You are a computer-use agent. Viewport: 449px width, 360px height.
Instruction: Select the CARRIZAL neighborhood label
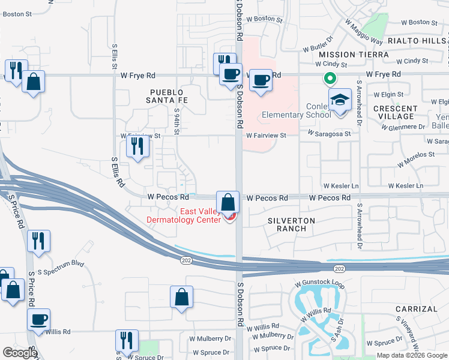417,309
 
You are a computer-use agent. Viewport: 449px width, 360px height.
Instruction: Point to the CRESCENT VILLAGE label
394,112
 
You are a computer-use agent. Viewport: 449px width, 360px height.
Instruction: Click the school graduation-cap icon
340,100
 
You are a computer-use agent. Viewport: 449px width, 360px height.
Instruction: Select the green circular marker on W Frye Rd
329,77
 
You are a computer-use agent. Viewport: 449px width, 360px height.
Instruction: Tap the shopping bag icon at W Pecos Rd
228,202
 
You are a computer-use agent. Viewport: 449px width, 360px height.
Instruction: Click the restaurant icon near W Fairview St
138,146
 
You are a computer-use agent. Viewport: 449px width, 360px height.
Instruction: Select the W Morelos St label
416,154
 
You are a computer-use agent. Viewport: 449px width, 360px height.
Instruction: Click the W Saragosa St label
330,133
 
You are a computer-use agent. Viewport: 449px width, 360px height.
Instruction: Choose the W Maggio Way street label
364,31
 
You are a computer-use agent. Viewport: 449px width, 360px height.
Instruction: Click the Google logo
20,353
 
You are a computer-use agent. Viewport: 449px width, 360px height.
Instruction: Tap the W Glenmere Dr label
405,127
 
